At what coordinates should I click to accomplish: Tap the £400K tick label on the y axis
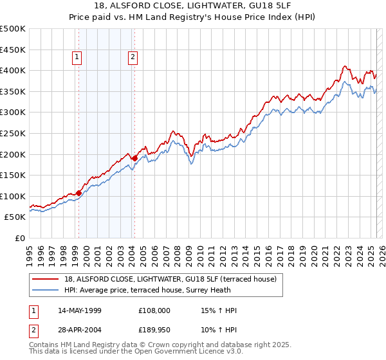tap(13, 70)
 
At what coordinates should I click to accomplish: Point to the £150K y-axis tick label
tap(13, 175)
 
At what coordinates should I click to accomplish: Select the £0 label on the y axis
tap(21, 238)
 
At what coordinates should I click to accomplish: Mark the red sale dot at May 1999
tap(78, 192)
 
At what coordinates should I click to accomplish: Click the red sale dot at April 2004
tap(134, 158)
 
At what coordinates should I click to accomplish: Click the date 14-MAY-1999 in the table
tap(79, 311)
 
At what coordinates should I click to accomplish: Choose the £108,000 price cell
tap(154, 311)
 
